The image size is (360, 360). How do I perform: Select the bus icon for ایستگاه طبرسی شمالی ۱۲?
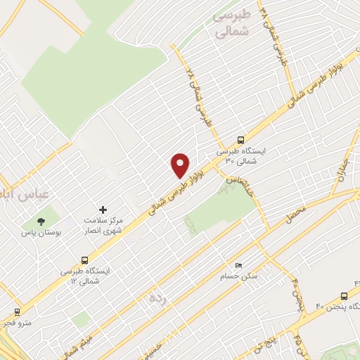click(85, 259)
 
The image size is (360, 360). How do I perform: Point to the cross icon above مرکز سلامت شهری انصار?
click(103, 210)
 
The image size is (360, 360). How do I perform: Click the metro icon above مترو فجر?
click(16, 311)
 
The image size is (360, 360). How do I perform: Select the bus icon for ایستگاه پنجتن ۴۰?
click(344, 296)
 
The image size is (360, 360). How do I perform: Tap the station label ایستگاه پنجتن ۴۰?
click(337, 307)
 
